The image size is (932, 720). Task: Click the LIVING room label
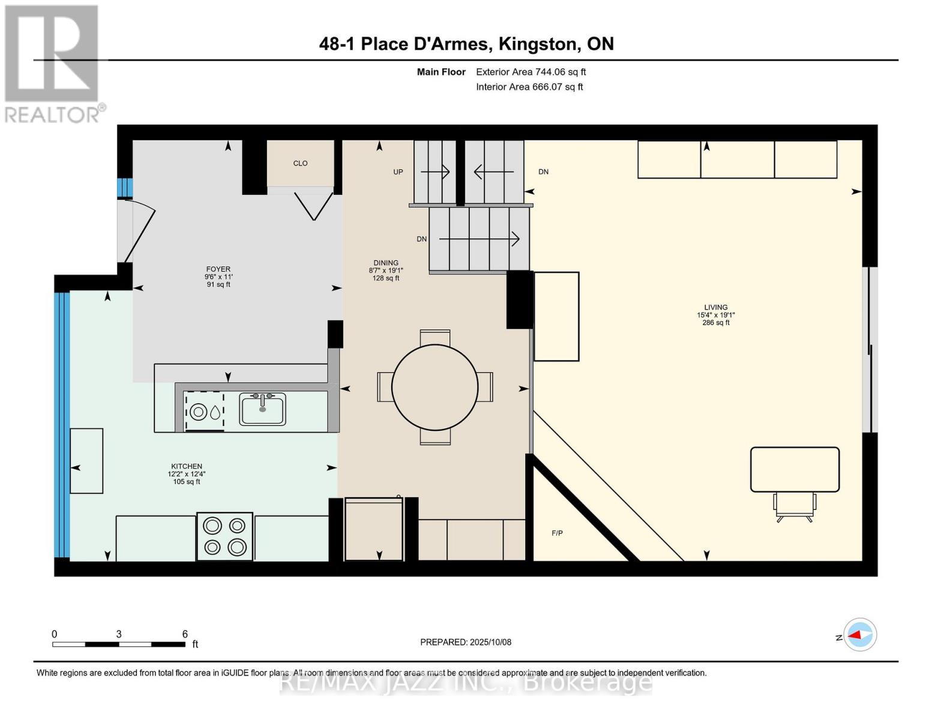coord(715,308)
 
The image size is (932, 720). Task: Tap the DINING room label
coord(385,263)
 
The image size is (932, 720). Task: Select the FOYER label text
coord(218,269)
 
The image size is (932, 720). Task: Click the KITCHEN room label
coord(186,466)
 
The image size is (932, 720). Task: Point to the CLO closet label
coord(300,163)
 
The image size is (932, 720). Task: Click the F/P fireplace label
coord(557,533)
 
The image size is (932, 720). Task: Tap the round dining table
coord(434,387)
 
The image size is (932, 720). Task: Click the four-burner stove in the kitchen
coord(224,536)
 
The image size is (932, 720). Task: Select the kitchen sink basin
coord(262,410)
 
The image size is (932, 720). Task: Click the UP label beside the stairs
coord(398,172)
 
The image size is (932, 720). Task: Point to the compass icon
coord(859,635)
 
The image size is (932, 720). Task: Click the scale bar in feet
coord(119,644)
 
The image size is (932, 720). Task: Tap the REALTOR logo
coord(53,63)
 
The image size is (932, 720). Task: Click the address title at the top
coord(466,44)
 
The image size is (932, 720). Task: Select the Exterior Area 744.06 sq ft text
coord(531,72)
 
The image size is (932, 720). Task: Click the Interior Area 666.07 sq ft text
coord(529,87)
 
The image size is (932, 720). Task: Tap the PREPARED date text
coord(466,642)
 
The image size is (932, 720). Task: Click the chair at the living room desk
coord(795,505)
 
